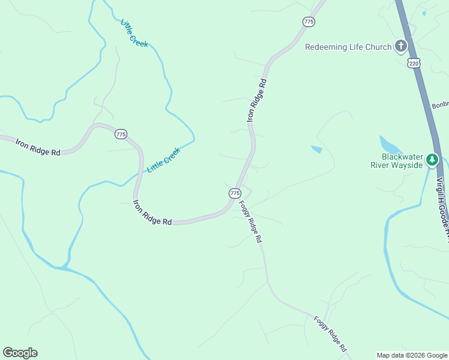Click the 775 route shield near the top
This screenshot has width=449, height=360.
pos(309,22)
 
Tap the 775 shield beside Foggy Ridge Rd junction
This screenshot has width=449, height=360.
pos(235,193)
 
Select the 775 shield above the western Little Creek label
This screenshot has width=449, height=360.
pos(121,134)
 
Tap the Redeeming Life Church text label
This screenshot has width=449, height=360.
pos(348,47)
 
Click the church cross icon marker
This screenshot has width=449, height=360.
pos(401,46)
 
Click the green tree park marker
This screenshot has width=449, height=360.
pos(432,160)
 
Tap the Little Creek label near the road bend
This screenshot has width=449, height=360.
pos(164,160)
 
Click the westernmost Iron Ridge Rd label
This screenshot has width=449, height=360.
pos(38,148)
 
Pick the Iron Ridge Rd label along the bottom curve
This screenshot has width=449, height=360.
pos(152,213)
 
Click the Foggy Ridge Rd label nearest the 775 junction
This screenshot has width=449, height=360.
pos(251,221)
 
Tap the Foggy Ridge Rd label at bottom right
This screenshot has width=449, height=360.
pos(331,334)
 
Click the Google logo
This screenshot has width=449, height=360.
pos(20,353)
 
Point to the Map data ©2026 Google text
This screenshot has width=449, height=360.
pos(412,355)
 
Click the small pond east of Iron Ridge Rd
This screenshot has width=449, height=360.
pos(316,149)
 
